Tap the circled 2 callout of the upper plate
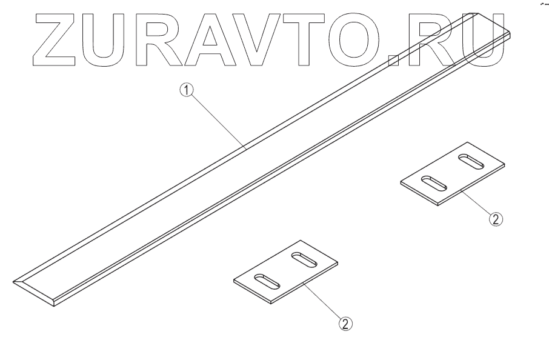tap(495, 219)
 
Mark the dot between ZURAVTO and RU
tap(394, 60)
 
